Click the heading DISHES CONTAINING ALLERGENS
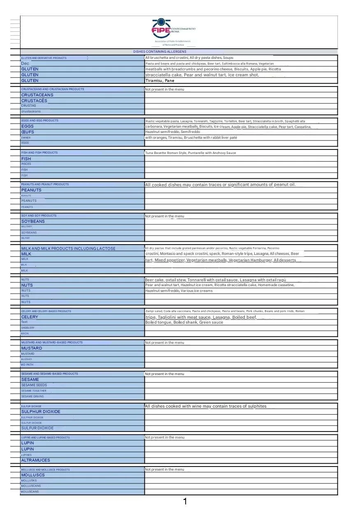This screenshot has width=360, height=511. pyautogui.click(x=160, y=51)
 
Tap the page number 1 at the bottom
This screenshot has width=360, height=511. pyautogui.click(x=185, y=501)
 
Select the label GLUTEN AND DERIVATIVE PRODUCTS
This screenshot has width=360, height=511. pyautogui.click(x=44, y=58)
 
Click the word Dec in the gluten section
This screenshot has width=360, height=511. pyautogui.click(x=25, y=63)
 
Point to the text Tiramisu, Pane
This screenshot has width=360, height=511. pyautogui.click(x=160, y=81)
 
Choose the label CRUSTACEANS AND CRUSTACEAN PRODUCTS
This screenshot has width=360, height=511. pyautogui.click(x=53, y=89)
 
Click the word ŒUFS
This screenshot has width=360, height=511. pyautogui.click(x=28, y=132)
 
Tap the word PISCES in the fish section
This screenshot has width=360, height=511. pyautogui.click(x=26, y=164)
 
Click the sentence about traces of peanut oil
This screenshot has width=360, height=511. pyautogui.click(x=220, y=184)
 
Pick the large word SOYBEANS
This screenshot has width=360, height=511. pyautogui.click(x=33, y=221)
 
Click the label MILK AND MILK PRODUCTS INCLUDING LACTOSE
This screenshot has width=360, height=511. pyautogui.click(x=68, y=248)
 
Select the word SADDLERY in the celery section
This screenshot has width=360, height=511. pyautogui.click(x=28, y=328)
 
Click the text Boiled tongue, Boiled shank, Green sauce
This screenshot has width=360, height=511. pyautogui.click(x=184, y=322)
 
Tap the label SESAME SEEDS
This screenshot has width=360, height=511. pyautogui.click(x=34, y=385)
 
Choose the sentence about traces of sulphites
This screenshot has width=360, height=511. pyautogui.click(x=205, y=406)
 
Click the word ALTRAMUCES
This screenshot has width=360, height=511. pyautogui.click(x=35, y=460)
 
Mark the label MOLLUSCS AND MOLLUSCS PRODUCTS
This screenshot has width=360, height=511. pyautogui.click(x=45, y=470)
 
